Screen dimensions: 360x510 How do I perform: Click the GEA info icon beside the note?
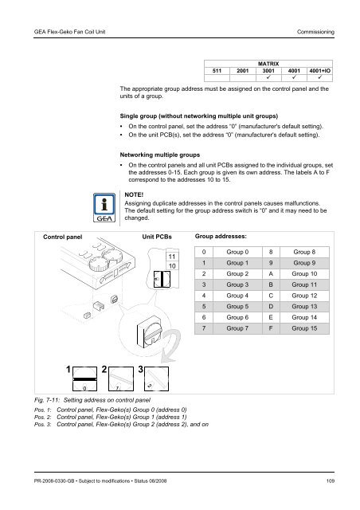(x=104, y=208)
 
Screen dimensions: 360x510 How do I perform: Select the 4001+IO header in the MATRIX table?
(x=319, y=71)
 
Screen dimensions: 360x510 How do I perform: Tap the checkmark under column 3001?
(x=268, y=77)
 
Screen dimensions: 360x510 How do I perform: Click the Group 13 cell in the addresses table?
(x=304, y=306)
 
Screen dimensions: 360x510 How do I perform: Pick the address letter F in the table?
(x=271, y=328)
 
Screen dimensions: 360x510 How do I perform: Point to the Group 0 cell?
(x=237, y=252)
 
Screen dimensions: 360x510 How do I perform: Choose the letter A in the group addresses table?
(x=271, y=274)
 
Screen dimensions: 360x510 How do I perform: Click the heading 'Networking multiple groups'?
(x=159, y=155)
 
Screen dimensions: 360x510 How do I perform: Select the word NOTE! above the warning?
(x=134, y=194)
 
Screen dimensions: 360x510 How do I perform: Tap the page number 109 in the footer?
(x=331, y=481)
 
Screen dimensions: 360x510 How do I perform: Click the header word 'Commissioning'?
(x=315, y=32)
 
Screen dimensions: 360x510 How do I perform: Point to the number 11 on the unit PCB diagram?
(x=172, y=257)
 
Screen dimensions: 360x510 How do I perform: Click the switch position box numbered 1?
(x=84, y=379)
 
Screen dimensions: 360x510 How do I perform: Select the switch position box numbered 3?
(x=156, y=379)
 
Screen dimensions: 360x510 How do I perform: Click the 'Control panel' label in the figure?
(x=62, y=237)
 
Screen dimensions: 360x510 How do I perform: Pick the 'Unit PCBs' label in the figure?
(x=157, y=237)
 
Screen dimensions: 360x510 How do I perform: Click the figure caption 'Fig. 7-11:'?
(x=47, y=400)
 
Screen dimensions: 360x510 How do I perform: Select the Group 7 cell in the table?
(x=237, y=328)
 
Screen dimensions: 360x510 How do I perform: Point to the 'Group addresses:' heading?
(x=221, y=237)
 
